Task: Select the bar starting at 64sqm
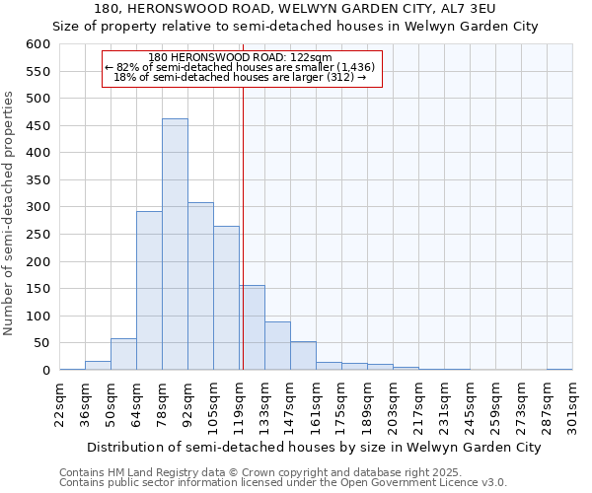(x=149, y=291)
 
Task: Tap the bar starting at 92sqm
(x=200, y=286)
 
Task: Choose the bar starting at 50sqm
(x=123, y=354)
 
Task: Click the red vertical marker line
(x=243, y=227)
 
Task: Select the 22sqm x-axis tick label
(x=59, y=401)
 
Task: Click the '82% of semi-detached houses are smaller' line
(x=240, y=67)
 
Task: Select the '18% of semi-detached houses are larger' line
(x=240, y=77)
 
